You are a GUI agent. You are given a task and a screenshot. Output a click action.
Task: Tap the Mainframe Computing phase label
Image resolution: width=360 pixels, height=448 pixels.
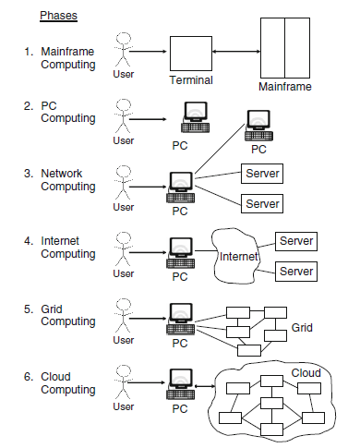[67, 57]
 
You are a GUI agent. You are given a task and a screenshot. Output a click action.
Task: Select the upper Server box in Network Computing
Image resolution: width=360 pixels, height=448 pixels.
[261, 173]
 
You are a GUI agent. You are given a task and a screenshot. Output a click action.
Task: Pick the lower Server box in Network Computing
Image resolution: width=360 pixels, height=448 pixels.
[261, 202]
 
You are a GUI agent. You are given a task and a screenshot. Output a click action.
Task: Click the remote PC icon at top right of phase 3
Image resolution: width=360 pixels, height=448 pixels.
[259, 126]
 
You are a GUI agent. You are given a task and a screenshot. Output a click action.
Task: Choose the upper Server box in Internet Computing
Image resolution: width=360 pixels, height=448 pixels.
[296, 241]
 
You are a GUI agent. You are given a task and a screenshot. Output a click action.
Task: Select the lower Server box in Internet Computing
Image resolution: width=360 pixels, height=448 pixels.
[296, 272]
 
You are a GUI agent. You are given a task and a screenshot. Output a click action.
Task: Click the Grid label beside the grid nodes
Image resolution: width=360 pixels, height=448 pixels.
[303, 327]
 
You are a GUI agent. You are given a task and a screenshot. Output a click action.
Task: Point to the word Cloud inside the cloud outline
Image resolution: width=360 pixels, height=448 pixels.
[306, 372]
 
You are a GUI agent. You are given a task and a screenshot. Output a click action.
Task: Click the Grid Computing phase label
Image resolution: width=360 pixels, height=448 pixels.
[67, 315]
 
